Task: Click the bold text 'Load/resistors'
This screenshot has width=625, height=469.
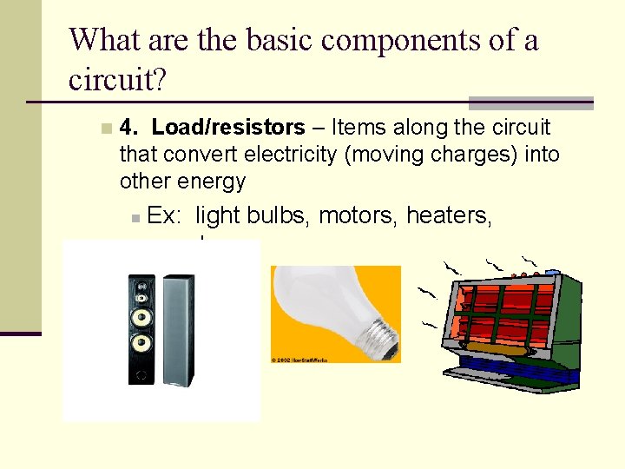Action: coord(228,128)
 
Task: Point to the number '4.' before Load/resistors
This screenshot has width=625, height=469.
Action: coord(130,128)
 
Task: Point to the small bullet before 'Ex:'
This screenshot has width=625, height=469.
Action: coord(136,217)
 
